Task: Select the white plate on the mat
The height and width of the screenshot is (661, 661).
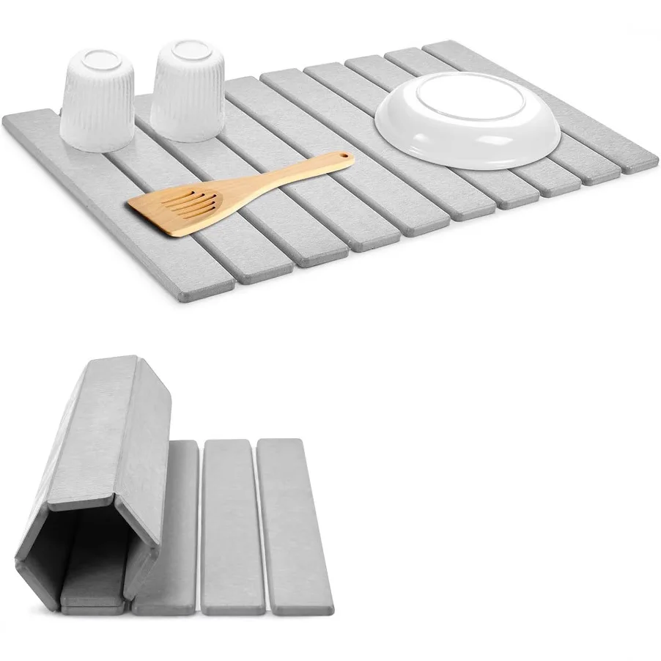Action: point(468,125)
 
